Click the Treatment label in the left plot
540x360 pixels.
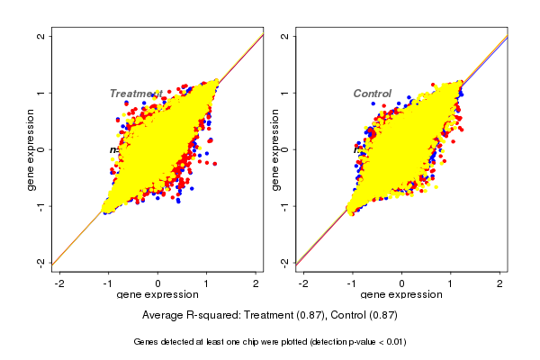(x=135, y=94)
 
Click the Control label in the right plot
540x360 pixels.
(x=372, y=94)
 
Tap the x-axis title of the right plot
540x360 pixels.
(x=401, y=295)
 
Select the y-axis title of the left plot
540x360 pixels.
(x=31, y=149)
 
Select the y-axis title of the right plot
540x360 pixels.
(x=276, y=149)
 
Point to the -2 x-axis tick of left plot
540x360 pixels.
(x=59, y=283)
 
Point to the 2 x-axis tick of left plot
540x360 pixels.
(x=256, y=283)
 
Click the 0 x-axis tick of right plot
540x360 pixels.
(x=401, y=283)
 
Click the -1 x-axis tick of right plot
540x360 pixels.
(x=352, y=283)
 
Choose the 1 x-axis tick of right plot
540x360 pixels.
(x=451, y=283)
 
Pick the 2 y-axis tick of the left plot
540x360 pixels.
(x=42, y=36)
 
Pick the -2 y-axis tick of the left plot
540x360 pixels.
(x=42, y=262)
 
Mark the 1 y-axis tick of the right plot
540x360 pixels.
(x=286, y=93)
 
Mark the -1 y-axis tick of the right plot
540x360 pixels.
(x=286, y=206)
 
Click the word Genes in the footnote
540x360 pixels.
(x=146, y=342)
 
